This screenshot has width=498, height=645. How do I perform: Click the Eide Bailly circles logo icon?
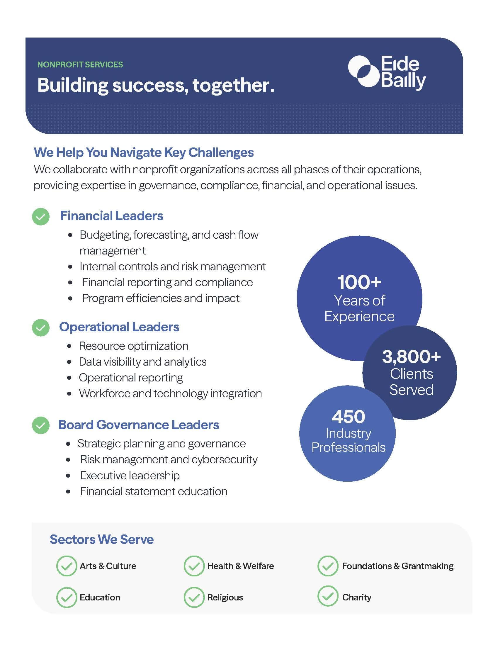(x=363, y=72)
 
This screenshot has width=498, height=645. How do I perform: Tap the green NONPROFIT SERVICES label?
(x=80, y=65)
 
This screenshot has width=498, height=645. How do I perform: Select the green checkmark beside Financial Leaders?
(x=41, y=216)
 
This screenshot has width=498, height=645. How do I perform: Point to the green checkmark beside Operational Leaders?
(x=41, y=327)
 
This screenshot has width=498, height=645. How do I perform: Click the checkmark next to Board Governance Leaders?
(x=41, y=425)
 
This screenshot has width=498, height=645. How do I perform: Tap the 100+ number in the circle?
(x=359, y=282)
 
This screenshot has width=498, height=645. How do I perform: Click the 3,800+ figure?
(x=411, y=357)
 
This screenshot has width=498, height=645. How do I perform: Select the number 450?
(x=348, y=417)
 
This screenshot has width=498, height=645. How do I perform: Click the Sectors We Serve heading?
(x=101, y=539)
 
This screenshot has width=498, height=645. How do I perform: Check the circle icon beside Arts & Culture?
(x=67, y=566)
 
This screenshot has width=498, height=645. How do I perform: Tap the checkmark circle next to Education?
(x=67, y=597)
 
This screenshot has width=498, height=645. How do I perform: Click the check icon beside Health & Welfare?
(x=194, y=566)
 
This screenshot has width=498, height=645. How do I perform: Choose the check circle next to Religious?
(x=194, y=597)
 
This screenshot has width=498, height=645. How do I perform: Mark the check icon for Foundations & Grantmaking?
(x=328, y=566)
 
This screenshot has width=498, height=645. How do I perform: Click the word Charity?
(x=357, y=597)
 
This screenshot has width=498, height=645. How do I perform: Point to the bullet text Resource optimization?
(x=133, y=346)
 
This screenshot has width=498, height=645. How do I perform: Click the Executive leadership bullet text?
(x=130, y=476)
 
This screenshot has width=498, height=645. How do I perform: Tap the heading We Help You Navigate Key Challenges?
(x=144, y=152)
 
